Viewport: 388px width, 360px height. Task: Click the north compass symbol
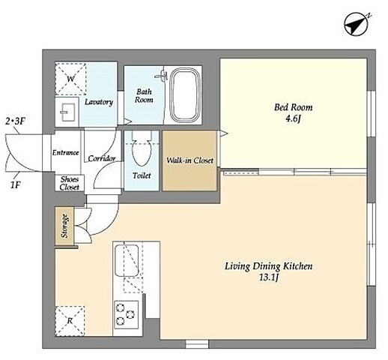pyautogui.click(x=357, y=25)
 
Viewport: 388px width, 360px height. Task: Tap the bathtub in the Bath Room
pyautogui.click(x=185, y=95)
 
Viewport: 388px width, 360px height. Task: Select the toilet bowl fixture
pyautogui.click(x=142, y=148)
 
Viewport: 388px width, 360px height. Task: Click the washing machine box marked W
pyautogui.click(x=70, y=79)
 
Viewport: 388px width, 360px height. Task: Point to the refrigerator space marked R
pyautogui.click(x=70, y=321)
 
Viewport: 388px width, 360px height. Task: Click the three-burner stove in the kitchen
pyautogui.click(x=127, y=315)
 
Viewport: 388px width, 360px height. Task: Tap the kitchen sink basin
pyautogui.click(x=127, y=261)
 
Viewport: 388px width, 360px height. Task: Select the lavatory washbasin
pyautogui.click(x=67, y=112)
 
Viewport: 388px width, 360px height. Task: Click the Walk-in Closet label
pyautogui.click(x=190, y=160)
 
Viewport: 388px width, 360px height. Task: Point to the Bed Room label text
pyautogui.click(x=294, y=107)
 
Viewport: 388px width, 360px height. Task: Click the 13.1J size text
pyautogui.click(x=269, y=277)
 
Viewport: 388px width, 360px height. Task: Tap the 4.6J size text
pyautogui.click(x=293, y=118)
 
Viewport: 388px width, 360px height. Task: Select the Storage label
pyautogui.click(x=64, y=226)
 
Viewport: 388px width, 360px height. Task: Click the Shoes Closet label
pyautogui.click(x=70, y=183)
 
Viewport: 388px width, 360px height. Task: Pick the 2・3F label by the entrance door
pyautogui.click(x=16, y=121)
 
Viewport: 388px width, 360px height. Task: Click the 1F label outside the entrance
pyautogui.click(x=15, y=185)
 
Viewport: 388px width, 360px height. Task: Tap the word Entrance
pyautogui.click(x=66, y=152)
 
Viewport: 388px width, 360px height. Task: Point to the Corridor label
pyautogui.click(x=102, y=158)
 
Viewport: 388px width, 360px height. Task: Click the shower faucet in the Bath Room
pyautogui.click(x=162, y=75)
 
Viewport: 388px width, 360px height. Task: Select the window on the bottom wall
pyautogui.click(x=197, y=344)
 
